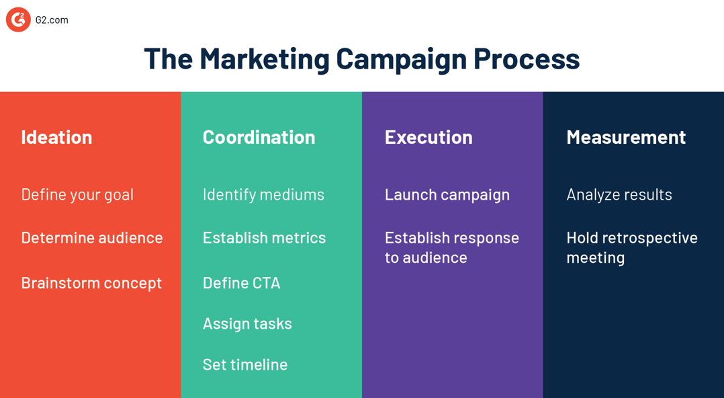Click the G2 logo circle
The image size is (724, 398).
pos(18,20)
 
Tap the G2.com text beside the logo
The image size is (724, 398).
pos(52,20)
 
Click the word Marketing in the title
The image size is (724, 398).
pos(265,58)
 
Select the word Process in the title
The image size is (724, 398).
pos(527,58)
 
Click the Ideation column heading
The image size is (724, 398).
pos(56,136)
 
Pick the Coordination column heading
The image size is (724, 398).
pos(259,136)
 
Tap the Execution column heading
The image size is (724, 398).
pos(428,136)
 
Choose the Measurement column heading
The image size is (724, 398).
pos(626,136)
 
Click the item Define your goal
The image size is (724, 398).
pos(77,194)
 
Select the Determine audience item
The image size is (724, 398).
pos(92,237)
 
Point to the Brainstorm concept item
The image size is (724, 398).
pos(91,282)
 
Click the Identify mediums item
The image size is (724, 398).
pos(263,194)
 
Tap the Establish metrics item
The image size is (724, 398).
pos(264,237)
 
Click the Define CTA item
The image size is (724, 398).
pos(241,282)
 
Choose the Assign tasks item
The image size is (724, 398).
pos(247,323)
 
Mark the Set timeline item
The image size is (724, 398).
pos(245,364)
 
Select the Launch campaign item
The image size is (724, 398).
pos(447,194)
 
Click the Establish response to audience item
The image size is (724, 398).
pos(451,247)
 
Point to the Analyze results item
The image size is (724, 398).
pos(619,194)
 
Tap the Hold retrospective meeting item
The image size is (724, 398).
pos(631,247)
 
